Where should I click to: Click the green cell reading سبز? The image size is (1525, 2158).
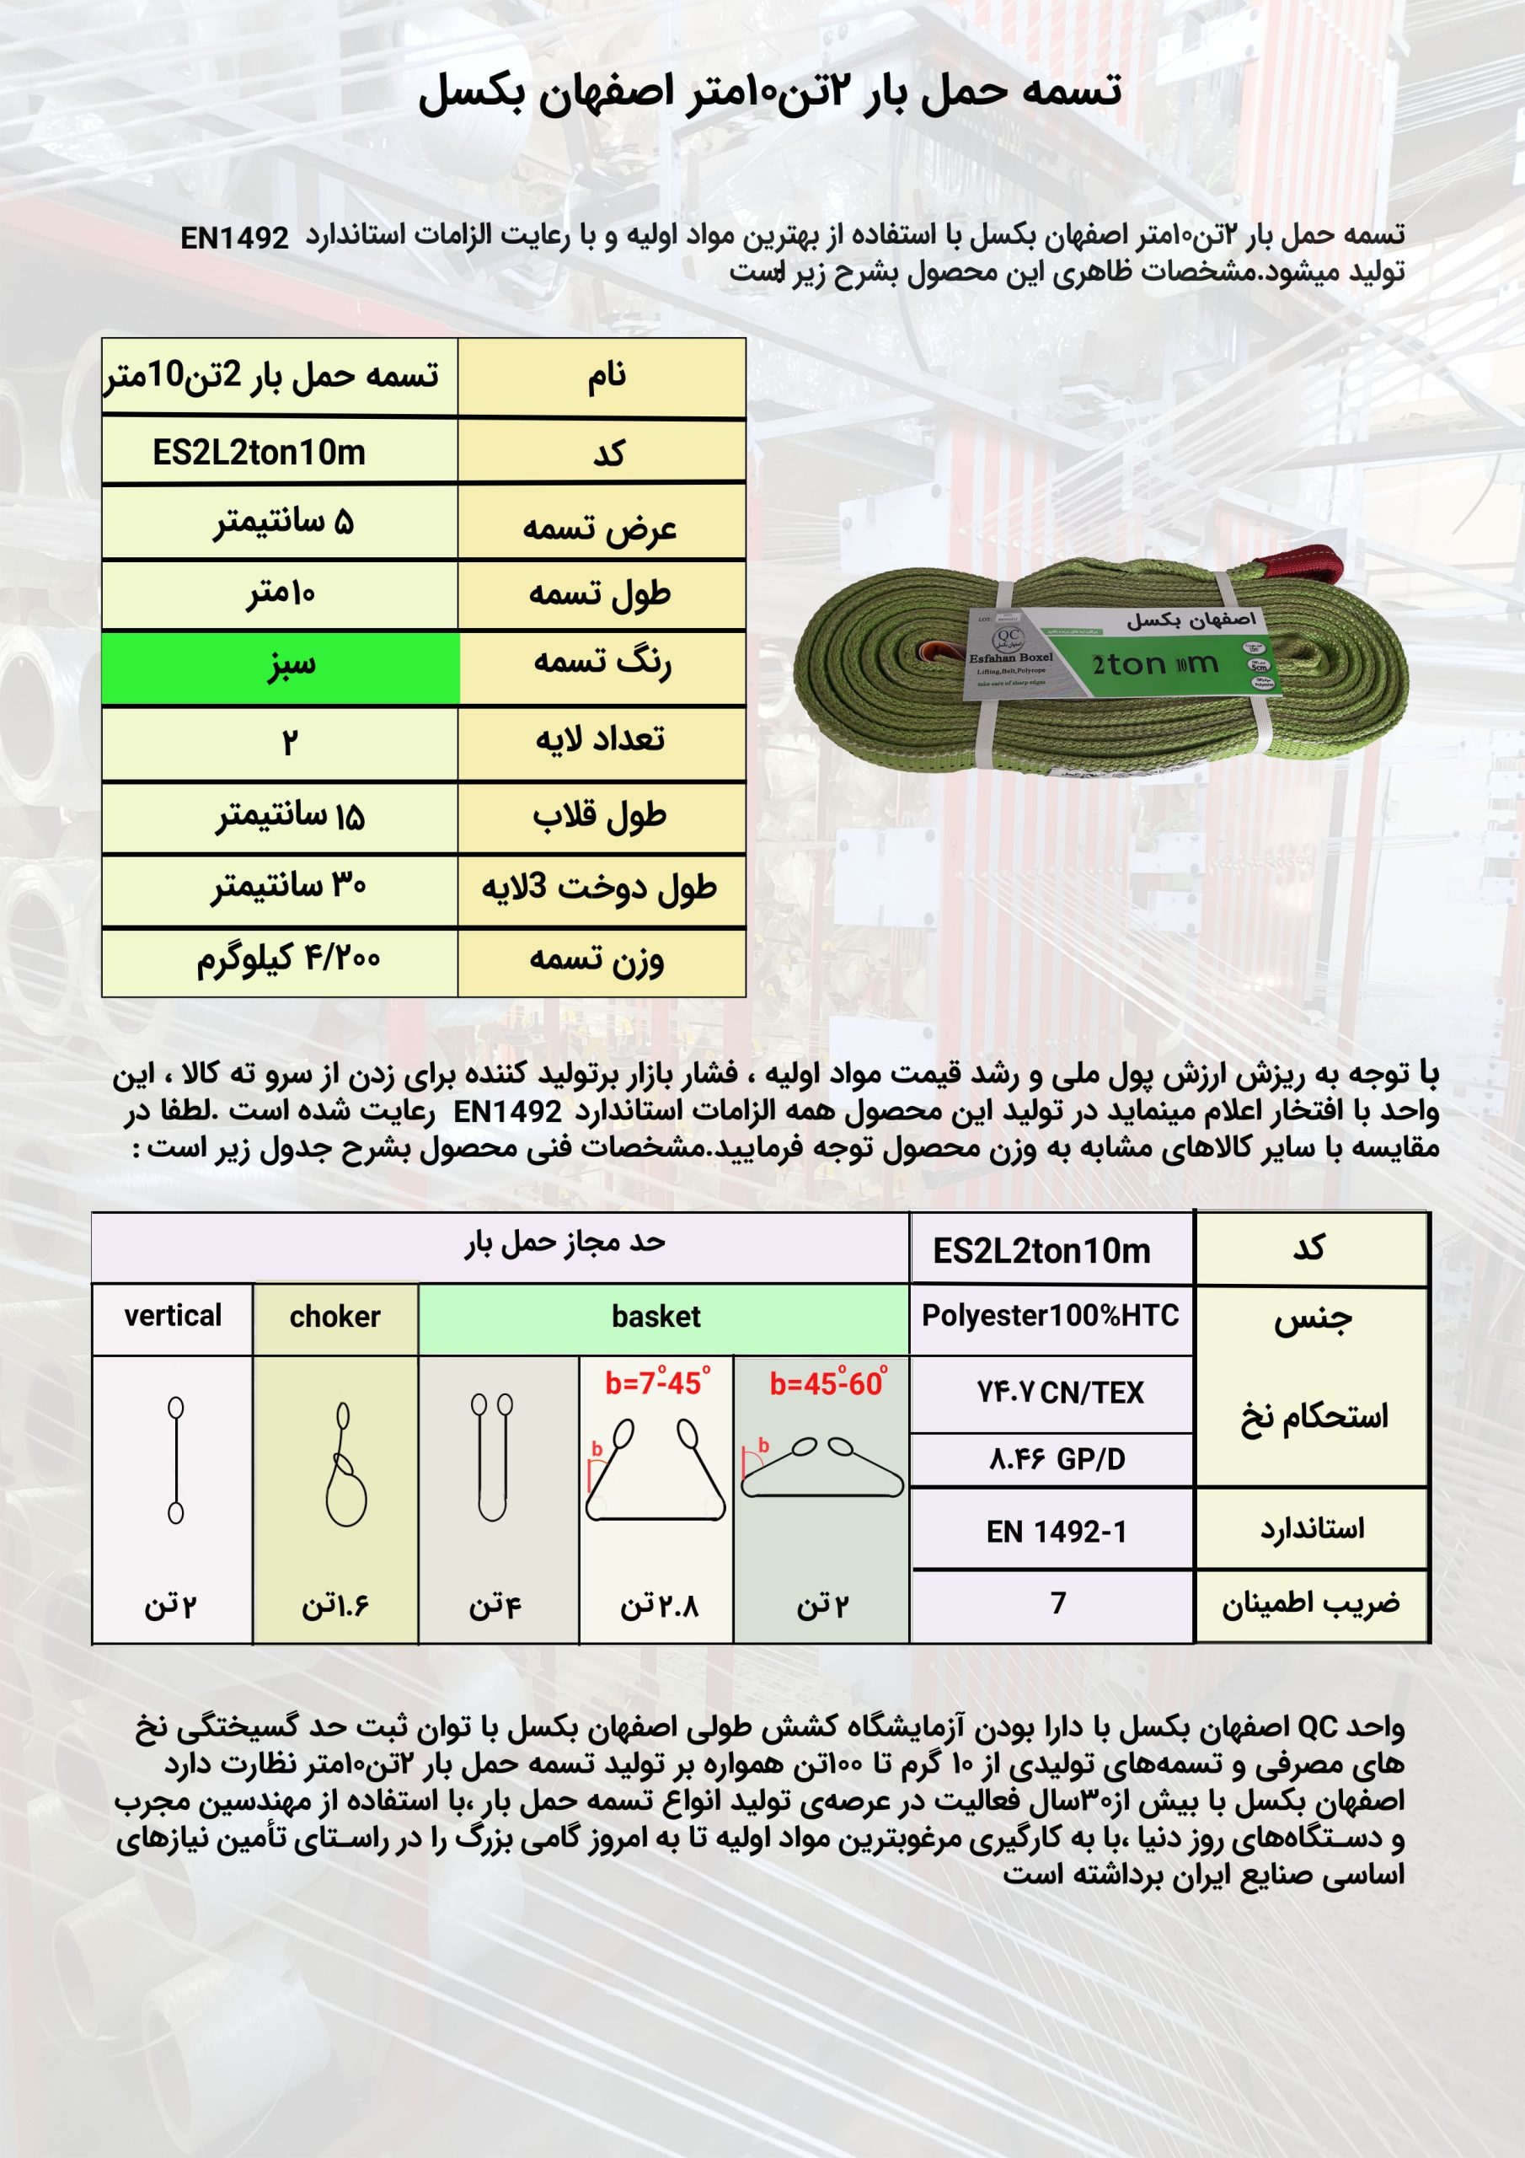point(281,668)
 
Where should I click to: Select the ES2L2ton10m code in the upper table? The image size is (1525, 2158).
point(260,453)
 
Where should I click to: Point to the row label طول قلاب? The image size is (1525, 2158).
point(601,816)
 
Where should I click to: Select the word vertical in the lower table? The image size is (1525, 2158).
point(173,1316)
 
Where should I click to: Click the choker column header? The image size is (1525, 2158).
point(334,1317)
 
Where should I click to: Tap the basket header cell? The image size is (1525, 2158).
point(655,1317)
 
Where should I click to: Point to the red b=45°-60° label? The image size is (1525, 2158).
point(827,1383)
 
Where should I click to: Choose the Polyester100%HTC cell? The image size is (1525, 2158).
point(1050,1316)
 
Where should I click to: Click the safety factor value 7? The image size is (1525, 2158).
point(1058,1602)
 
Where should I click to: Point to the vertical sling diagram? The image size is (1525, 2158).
point(176,1460)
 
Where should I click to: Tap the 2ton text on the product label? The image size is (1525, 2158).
point(1127,665)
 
